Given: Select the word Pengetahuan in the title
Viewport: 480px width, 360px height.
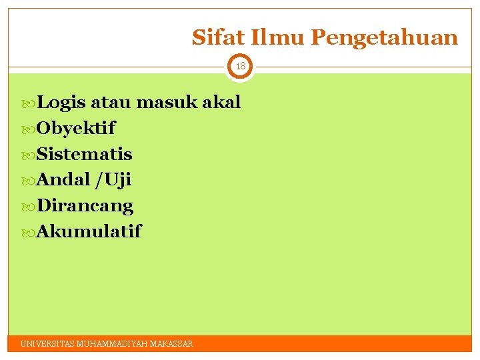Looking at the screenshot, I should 385,38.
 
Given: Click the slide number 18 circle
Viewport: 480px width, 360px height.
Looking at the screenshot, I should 240,67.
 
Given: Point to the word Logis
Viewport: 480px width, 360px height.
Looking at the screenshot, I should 61,103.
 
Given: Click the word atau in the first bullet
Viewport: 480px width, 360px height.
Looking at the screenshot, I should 111,103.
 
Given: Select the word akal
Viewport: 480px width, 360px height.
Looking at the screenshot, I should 221,103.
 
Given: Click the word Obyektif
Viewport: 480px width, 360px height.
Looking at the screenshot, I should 76,128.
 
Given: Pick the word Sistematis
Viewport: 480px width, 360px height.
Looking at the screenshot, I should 85,154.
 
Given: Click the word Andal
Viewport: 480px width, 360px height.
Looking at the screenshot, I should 63,180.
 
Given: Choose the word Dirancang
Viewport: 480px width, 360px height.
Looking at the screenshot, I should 85,206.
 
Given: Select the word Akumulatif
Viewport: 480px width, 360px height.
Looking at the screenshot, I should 89,232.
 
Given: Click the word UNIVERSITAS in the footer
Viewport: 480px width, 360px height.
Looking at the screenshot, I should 47,344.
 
